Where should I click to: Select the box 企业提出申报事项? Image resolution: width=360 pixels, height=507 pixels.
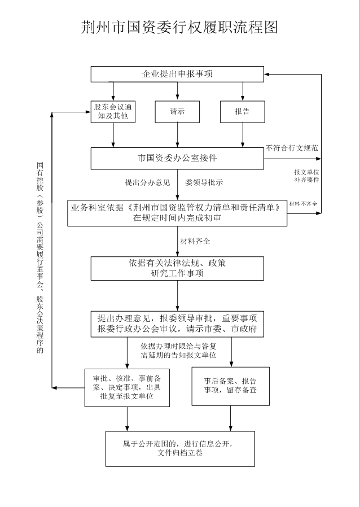[x=177, y=74]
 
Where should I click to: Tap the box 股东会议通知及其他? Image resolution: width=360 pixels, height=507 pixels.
[x=114, y=111]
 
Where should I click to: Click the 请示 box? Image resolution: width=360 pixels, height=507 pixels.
[x=177, y=111]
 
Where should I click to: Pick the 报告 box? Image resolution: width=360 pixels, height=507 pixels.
[x=243, y=111]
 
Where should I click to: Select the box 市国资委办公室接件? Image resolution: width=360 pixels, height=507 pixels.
[x=177, y=158]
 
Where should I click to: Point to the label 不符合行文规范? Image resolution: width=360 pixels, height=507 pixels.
[x=292, y=148]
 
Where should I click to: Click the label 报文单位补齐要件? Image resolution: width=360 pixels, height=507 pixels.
[x=306, y=176]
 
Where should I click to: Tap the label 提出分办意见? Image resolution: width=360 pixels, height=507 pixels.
[x=147, y=182]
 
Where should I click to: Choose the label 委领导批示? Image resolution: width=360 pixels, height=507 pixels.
[x=204, y=182]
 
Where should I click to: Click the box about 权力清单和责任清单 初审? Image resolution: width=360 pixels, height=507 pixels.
[x=177, y=212]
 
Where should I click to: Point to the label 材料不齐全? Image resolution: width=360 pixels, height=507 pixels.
[x=303, y=203]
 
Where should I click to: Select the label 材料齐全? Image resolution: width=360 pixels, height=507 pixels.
[x=195, y=241]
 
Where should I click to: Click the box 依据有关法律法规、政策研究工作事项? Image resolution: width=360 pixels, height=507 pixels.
[x=177, y=268]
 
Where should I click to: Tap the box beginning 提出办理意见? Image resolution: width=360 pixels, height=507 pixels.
[x=177, y=323]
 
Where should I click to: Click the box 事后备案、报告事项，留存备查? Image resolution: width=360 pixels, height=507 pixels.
[x=230, y=386]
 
